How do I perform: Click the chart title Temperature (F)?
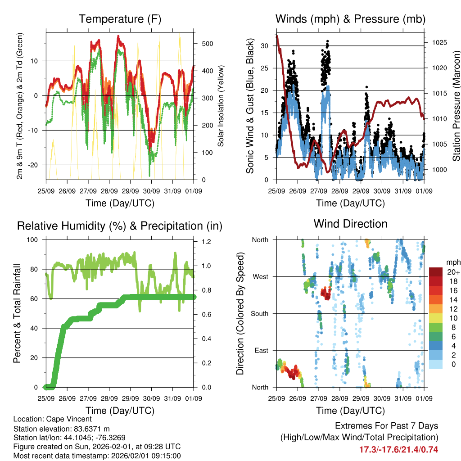[x=120, y=19]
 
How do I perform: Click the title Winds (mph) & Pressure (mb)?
[x=350, y=19]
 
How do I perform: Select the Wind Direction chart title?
[x=350, y=224]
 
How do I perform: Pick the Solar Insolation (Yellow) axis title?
[x=221, y=106]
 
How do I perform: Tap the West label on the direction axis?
[x=260, y=277]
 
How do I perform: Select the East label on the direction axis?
[x=262, y=350]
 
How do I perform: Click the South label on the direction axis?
[x=260, y=313]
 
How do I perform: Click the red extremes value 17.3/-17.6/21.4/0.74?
[x=398, y=449]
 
